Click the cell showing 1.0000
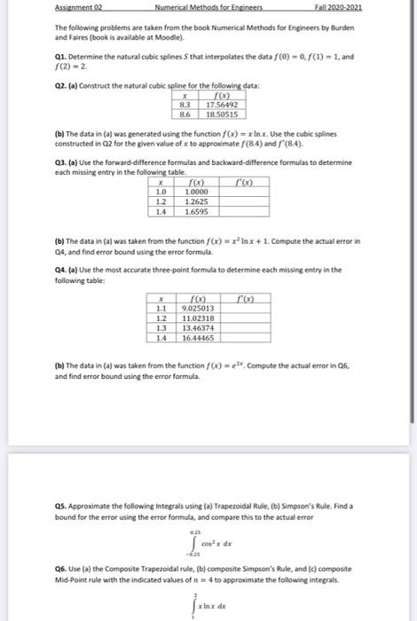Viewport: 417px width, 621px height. tap(198, 192)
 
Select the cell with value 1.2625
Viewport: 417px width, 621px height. tap(198, 201)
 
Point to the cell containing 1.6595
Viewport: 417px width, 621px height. tap(198, 212)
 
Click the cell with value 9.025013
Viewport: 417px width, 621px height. tap(196, 308)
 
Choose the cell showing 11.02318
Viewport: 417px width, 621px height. tap(196, 318)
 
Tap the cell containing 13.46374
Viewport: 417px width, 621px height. tap(196, 328)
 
